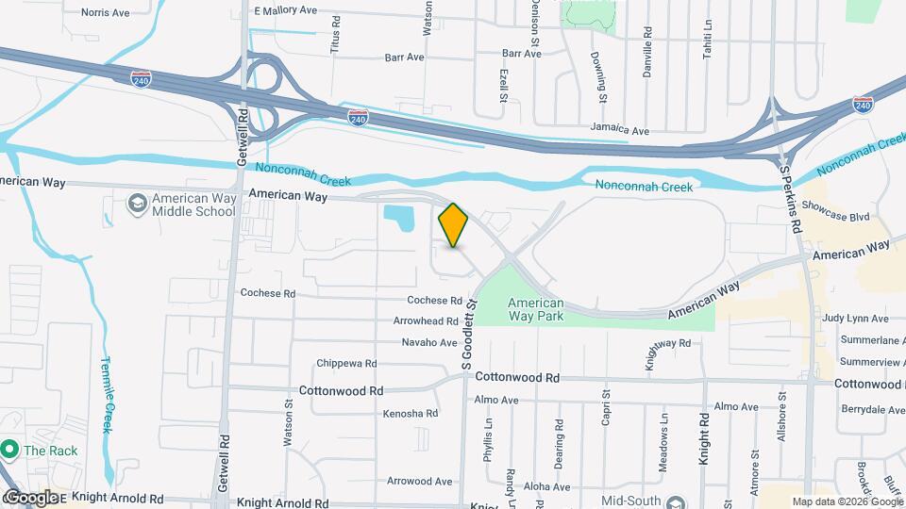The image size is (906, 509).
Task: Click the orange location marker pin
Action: [x=453, y=225]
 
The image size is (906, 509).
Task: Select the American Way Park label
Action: [x=535, y=309]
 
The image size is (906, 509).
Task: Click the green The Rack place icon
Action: [x=10, y=450]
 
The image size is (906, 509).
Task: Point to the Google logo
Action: [x=30, y=497]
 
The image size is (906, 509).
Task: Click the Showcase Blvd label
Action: [x=834, y=216]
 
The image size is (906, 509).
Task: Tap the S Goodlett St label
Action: [x=466, y=334]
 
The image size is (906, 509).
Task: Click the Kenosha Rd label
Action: [x=410, y=413]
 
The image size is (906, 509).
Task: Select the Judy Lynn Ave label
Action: [x=855, y=319]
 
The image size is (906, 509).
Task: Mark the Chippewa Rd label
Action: [x=346, y=363]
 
